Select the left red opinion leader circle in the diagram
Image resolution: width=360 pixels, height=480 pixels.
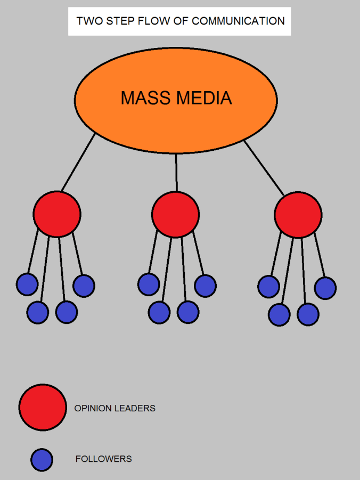[57, 214]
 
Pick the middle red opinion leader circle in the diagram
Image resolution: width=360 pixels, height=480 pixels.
[175, 215]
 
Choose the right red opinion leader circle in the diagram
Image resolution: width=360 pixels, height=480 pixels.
[298, 215]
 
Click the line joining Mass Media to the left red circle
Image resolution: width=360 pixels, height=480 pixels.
[78, 162]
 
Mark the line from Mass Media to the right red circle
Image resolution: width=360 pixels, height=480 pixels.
[264, 168]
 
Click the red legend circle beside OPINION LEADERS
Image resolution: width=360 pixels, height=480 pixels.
[43, 408]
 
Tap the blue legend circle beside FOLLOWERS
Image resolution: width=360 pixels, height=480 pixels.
[42, 460]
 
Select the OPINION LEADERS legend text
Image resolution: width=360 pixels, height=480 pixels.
[114, 408]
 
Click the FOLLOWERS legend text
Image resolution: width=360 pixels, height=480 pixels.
[103, 459]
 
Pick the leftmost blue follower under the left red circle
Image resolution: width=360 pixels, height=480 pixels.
[27, 284]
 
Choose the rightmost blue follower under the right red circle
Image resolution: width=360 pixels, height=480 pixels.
[325, 288]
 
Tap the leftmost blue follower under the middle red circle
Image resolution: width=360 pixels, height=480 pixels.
[149, 284]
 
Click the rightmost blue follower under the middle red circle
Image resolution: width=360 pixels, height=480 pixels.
[205, 286]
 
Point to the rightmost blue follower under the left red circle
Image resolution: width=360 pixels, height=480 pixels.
[84, 286]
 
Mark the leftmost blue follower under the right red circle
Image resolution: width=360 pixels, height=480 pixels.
[268, 287]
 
